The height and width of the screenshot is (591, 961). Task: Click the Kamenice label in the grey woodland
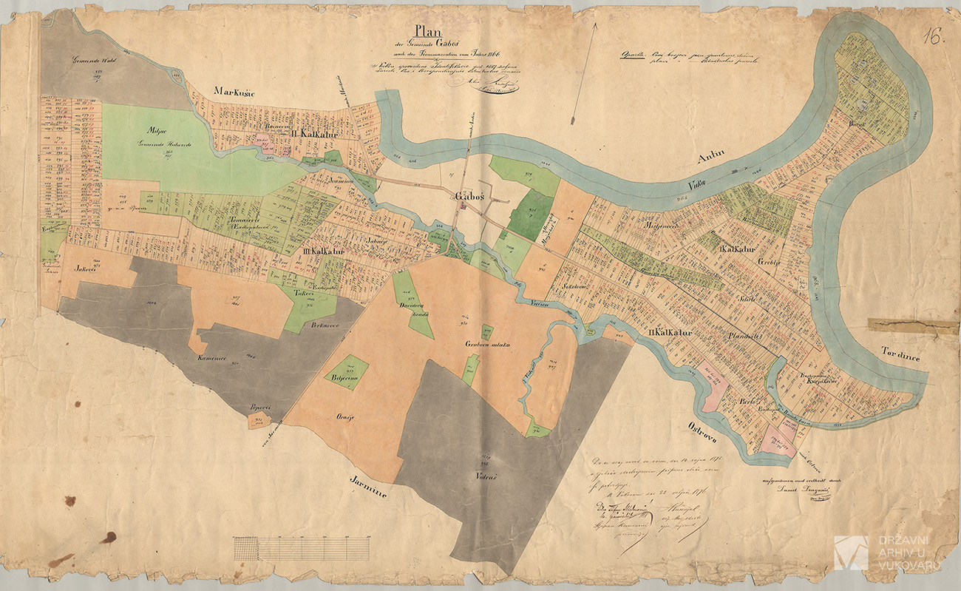coord(210,357)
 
